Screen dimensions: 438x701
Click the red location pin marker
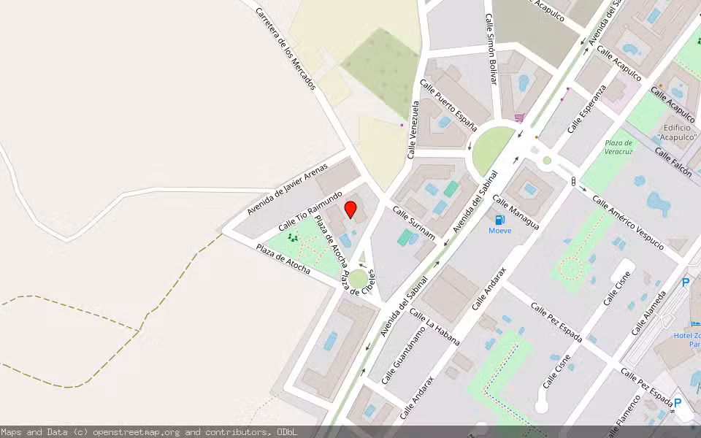click(350, 210)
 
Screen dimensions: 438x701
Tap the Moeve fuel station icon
click(500, 220)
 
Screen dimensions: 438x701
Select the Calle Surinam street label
click(414, 223)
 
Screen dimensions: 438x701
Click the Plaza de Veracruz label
click(618, 147)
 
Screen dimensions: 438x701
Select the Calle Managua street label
click(516, 212)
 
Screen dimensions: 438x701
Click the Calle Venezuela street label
click(413, 129)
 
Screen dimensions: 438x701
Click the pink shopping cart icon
click(519, 118)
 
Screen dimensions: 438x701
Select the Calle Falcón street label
click(673, 163)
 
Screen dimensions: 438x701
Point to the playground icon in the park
click(293, 237)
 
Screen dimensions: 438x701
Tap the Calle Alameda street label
click(648, 312)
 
